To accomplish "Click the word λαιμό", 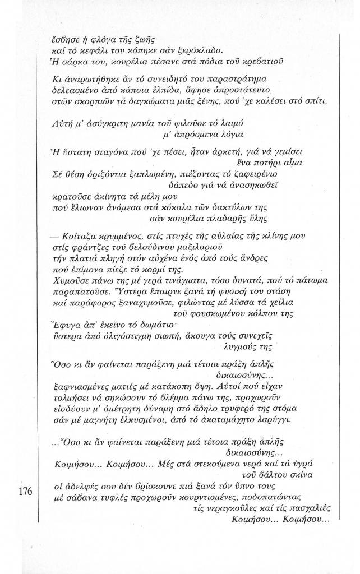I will (247, 122).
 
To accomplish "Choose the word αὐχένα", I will (163, 259).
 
